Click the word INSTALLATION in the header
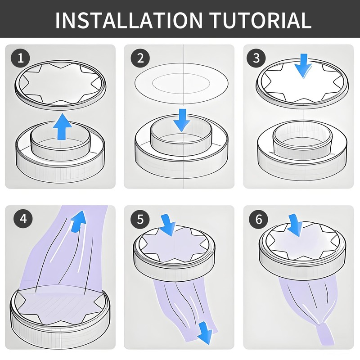tap(129, 20)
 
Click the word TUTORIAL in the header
tap(261, 20)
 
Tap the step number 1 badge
tap(20, 58)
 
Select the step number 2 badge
tap(140, 58)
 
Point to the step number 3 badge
tap(256, 58)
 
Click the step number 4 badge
tap(23, 218)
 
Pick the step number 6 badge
tap(258, 219)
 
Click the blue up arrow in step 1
tap(63, 126)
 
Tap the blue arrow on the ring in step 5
tap(168, 225)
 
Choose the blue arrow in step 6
tap(296, 225)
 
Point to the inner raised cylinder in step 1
tap(60, 143)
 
